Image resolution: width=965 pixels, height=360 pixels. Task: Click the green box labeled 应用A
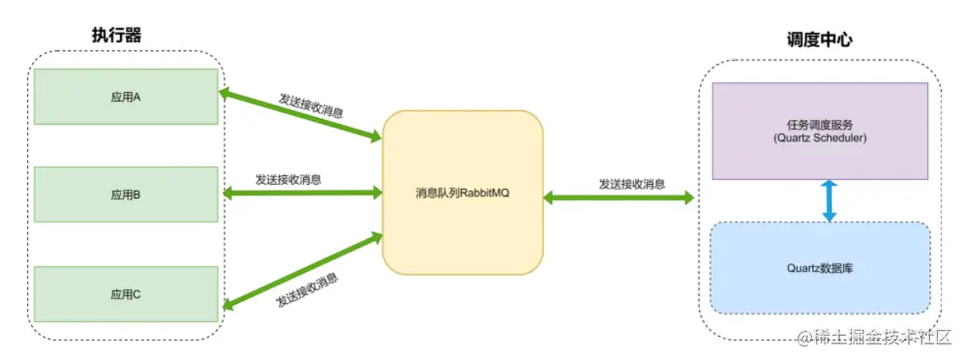tap(124, 97)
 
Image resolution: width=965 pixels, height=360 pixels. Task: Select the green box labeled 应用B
tap(124, 195)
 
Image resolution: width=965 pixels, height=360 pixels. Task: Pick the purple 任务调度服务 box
tap(819, 131)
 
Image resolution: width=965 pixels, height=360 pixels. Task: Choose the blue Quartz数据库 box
tap(819, 268)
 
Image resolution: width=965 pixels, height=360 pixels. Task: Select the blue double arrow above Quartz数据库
tap(829, 200)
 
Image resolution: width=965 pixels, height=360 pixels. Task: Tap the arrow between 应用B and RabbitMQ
tap(302, 194)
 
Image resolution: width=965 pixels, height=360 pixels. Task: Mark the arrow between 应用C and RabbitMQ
tap(302, 269)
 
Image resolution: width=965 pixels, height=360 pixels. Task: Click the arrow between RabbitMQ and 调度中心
tap(619, 197)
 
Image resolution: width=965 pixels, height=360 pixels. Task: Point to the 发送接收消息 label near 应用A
tap(311, 105)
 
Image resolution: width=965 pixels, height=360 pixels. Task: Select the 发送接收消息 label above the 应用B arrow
tap(288, 179)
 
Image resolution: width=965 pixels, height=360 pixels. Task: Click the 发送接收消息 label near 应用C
tap(308, 288)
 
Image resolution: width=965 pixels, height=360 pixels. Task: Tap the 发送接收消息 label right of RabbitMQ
tap(631, 183)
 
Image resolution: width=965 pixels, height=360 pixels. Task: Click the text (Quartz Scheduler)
tap(819, 138)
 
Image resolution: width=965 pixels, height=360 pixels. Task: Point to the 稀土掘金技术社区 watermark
tap(877, 336)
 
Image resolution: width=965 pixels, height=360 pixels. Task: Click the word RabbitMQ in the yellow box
tap(484, 193)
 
